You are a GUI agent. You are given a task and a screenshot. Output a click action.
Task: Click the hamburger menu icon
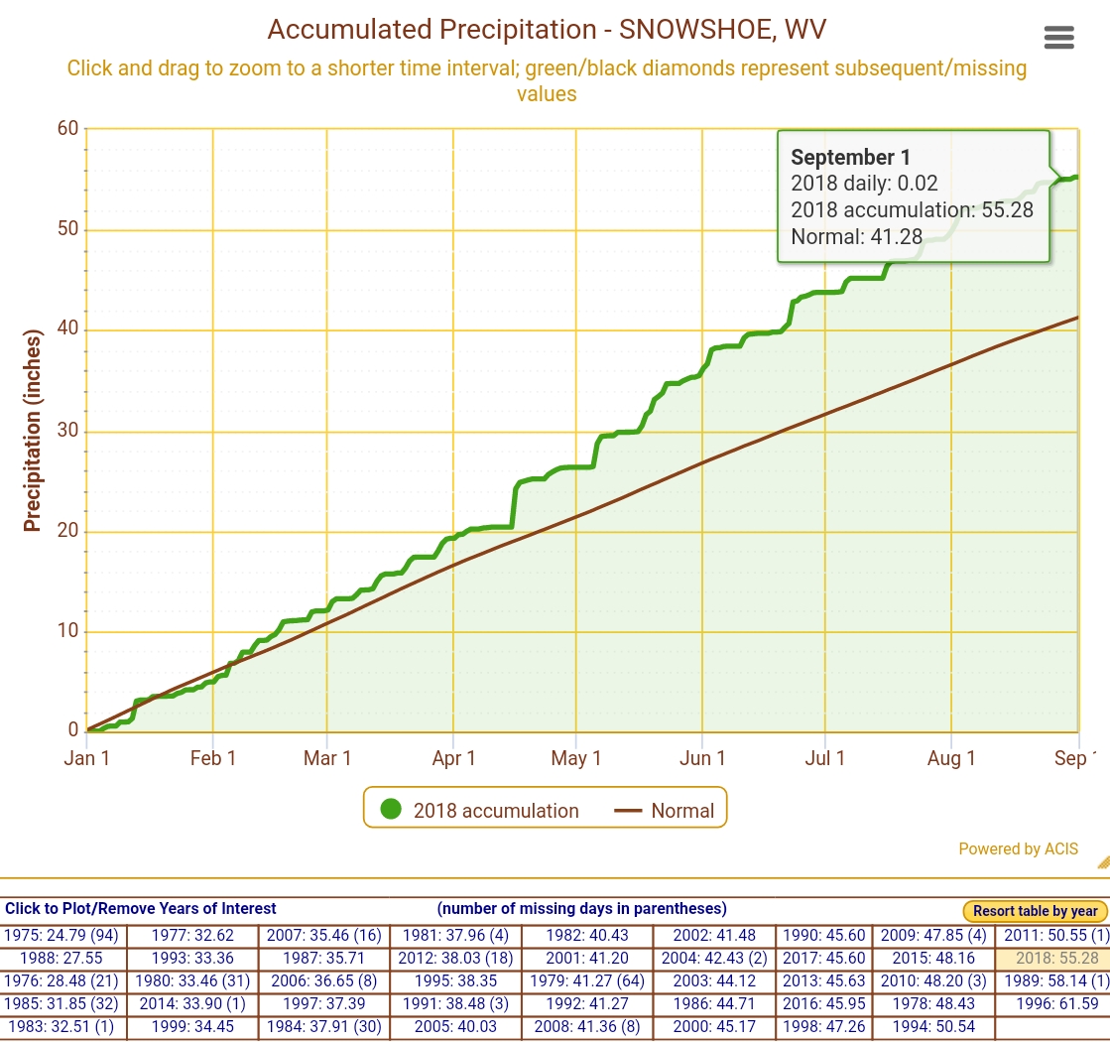(1058, 38)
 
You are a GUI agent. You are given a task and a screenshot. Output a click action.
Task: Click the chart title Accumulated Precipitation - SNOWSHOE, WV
(547, 30)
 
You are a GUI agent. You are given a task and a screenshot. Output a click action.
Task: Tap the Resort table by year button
(1035, 911)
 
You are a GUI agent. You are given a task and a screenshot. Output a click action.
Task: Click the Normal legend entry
(666, 810)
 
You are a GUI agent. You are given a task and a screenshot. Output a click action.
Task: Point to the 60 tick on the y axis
(67, 129)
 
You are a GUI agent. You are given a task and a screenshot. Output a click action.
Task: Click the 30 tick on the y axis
(67, 432)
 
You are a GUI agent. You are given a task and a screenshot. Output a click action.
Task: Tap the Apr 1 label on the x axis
(453, 759)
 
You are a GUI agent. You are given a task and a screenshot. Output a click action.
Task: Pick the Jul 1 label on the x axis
(824, 759)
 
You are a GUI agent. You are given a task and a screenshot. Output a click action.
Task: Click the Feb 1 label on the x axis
(213, 759)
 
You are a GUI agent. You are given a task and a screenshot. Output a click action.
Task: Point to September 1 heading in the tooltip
(850, 157)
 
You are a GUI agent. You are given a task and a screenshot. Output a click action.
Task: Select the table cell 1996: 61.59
(1052, 1003)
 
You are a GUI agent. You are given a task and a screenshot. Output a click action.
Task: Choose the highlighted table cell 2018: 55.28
(1052, 959)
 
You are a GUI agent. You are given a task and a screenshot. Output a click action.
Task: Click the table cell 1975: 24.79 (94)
(62, 935)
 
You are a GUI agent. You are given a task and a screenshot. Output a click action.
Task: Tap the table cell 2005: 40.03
(455, 1026)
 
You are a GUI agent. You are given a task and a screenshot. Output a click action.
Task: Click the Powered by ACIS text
(1018, 848)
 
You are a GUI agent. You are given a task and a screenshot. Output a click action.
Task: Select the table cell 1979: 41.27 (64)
(585, 981)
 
